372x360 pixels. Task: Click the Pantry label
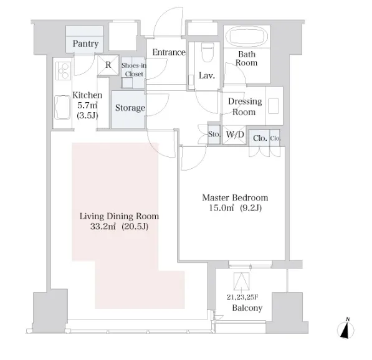[x=85, y=44]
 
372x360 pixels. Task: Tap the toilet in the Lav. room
[x=207, y=52]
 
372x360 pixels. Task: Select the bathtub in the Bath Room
[x=247, y=37]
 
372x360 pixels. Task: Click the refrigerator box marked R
[x=108, y=65]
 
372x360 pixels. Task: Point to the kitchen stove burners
[x=63, y=70]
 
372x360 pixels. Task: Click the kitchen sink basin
[x=62, y=107]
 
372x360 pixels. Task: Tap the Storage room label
[x=130, y=108]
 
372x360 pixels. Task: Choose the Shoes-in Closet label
[x=134, y=70]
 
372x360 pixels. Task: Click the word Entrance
[x=169, y=52]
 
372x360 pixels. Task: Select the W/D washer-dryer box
[x=235, y=135]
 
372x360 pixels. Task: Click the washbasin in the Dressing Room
[x=274, y=106]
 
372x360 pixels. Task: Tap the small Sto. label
[x=214, y=135]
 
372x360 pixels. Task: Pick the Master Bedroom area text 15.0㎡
[x=221, y=208]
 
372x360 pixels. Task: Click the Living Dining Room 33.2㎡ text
[x=103, y=227]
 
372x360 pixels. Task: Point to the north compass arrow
[x=345, y=329]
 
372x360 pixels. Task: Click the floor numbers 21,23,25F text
[x=242, y=297]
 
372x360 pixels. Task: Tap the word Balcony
[x=247, y=308]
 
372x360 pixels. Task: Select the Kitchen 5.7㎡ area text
[x=87, y=105]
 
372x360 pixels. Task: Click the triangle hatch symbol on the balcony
[x=241, y=282]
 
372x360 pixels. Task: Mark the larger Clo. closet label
[x=260, y=138]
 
